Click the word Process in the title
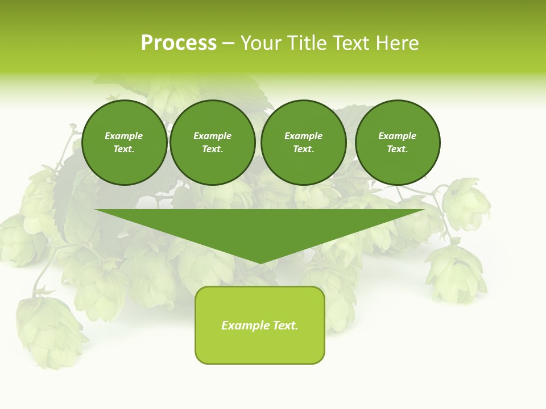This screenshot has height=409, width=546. point(179,43)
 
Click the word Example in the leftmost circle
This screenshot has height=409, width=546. point(124,136)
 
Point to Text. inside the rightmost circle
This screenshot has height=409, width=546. point(398,149)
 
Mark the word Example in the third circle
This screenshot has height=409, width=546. point(304,136)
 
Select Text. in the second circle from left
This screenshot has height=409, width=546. point(213,149)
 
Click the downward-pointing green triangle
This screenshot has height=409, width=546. point(260,227)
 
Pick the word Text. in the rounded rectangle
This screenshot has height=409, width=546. point(285,325)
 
